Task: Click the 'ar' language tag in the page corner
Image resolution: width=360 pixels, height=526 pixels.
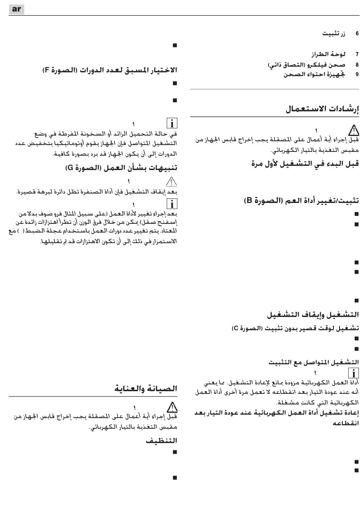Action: coord(16,9)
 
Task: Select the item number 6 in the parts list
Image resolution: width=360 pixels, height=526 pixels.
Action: coord(357,34)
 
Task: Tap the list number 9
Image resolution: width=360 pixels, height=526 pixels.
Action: coord(357,75)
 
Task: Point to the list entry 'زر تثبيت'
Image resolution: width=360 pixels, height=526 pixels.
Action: coord(334,34)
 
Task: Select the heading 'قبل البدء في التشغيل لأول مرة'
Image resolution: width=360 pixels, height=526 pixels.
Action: coord(305,164)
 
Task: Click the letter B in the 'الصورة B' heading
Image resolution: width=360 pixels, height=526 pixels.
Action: coord(249,200)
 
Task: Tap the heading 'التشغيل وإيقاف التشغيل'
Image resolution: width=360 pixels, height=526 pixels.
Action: coord(312,314)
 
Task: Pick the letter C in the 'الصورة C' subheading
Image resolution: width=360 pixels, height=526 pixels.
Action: coord(235,328)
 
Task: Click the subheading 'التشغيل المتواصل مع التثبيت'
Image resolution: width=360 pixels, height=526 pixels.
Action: coord(313,362)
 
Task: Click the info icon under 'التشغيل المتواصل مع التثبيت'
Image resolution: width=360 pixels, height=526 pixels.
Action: coord(353,373)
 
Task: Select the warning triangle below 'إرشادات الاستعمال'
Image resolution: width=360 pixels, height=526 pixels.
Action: coord(353,130)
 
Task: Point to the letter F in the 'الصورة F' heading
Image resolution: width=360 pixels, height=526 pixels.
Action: coord(46,70)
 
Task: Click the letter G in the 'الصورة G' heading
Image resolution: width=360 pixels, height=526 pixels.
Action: coord(70,168)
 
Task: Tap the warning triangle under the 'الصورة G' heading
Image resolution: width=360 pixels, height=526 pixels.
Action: coord(172,182)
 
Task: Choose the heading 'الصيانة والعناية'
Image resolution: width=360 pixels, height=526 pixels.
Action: coord(146,389)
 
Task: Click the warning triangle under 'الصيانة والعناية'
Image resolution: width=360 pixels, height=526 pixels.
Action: coord(172,407)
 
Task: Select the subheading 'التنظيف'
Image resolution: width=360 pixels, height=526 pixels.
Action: coord(161,440)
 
